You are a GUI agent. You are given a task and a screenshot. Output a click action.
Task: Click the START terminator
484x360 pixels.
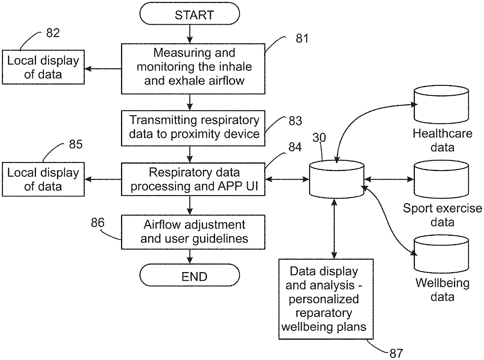[x=190, y=14]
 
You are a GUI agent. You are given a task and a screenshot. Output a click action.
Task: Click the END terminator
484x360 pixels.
[x=190, y=275]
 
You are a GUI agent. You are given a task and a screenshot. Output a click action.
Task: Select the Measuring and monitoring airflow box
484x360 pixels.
[x=193, y=69]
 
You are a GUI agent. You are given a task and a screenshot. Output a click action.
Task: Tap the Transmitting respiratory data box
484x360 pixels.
[x=193, y=128]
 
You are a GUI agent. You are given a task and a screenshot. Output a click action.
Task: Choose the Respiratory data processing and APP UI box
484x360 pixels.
[x=193, y=179]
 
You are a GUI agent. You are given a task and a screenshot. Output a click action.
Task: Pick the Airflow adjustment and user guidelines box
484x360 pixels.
[x=193, y=232]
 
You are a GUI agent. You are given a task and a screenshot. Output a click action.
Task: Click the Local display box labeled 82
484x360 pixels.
[x=43, y=67]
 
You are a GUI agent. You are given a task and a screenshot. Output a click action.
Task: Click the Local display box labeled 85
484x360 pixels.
[x=43, y=179]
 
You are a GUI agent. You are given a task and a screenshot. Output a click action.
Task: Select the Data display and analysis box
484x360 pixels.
[x=326, y=299]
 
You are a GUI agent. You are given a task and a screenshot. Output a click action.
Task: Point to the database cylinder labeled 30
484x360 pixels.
[x=337, y=179]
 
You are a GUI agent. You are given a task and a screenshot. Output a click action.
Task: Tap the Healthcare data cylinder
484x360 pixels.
[x=441, y=104]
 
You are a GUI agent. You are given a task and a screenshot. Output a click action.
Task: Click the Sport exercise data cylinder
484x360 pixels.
[x=441, y=179]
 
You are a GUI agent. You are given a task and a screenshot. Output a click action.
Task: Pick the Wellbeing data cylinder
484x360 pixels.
[x=441, y=254]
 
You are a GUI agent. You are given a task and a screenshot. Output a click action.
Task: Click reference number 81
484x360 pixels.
[x=302, y=38]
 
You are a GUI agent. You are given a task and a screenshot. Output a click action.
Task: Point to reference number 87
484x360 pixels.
[x=396, y=353]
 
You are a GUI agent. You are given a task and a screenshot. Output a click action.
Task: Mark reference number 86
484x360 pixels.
[x=98, y=223]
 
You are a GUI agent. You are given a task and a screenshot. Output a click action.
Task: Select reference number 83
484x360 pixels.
[x=295, y=121]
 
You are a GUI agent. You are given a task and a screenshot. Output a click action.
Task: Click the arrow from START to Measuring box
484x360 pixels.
[x=190, y=34]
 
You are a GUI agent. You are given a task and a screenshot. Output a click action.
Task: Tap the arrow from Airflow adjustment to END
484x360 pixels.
[x=190, y=257]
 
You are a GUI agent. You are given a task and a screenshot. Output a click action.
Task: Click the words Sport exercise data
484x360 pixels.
[x=443, y=215]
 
